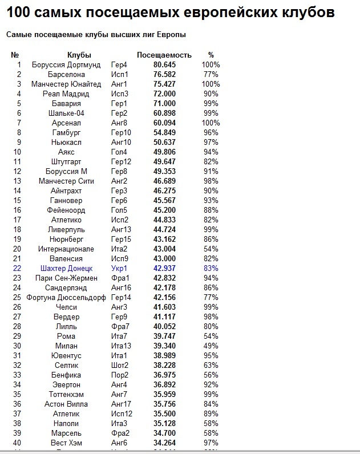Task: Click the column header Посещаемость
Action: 164,55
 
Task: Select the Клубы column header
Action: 79,55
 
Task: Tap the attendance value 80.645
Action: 165,65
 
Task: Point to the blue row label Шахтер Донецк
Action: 66,268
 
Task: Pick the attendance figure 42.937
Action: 165,268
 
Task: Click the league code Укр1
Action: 120,268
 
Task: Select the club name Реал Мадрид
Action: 66,94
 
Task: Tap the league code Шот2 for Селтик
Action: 120,365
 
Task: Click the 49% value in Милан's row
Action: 211,346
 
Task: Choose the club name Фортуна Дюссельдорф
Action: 66,297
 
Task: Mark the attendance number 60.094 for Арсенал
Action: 165,123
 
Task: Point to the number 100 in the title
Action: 18,13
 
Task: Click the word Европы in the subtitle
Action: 173,35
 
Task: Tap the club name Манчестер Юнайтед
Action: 66,84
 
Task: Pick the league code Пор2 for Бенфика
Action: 120,375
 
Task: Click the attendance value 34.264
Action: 165,443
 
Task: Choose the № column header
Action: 15,55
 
